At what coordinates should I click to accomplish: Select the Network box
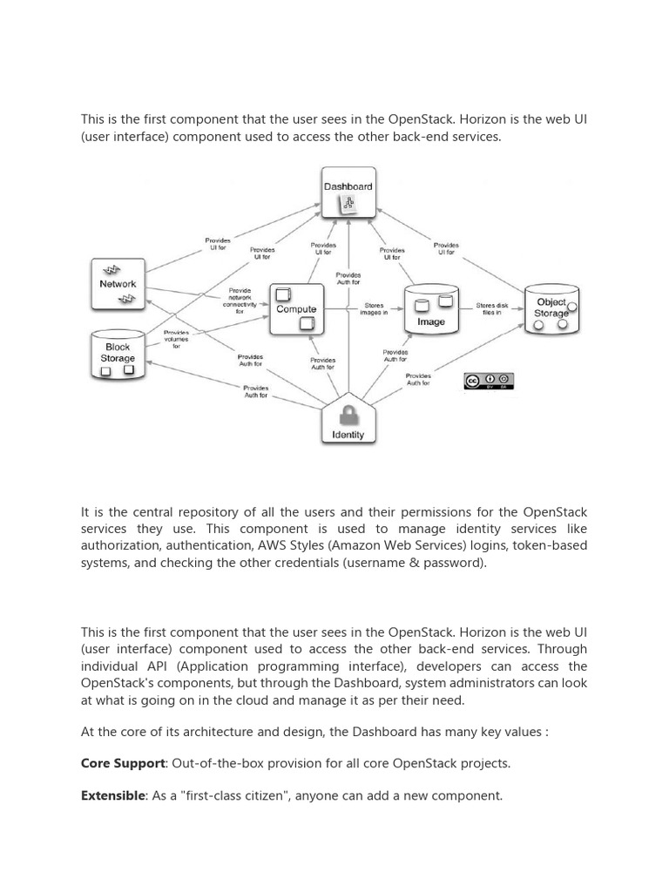point(118,284)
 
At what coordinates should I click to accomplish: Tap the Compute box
point(296,309)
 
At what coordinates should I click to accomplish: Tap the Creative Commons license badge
point(489,380)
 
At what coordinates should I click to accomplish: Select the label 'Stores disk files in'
point(491,309)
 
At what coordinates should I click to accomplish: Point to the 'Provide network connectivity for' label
point(240,301)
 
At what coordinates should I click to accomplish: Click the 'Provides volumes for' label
point(176,339)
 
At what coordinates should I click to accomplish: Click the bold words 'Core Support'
point(123,763)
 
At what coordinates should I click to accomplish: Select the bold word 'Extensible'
point(112,795)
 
